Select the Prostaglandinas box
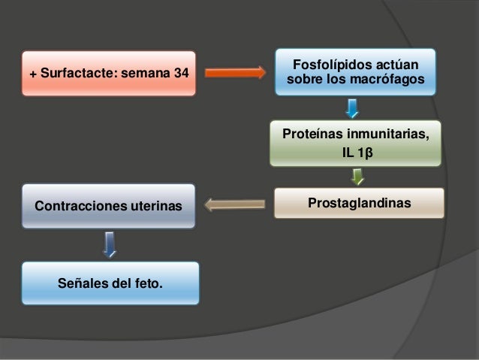tap(358, 203)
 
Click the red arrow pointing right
tap(235, 73)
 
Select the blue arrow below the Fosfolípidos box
tap(352, 110)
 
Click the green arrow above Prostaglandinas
tap(358, 177)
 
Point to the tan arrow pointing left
tap(235, 203)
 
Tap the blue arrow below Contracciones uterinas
tap(110, 244)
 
